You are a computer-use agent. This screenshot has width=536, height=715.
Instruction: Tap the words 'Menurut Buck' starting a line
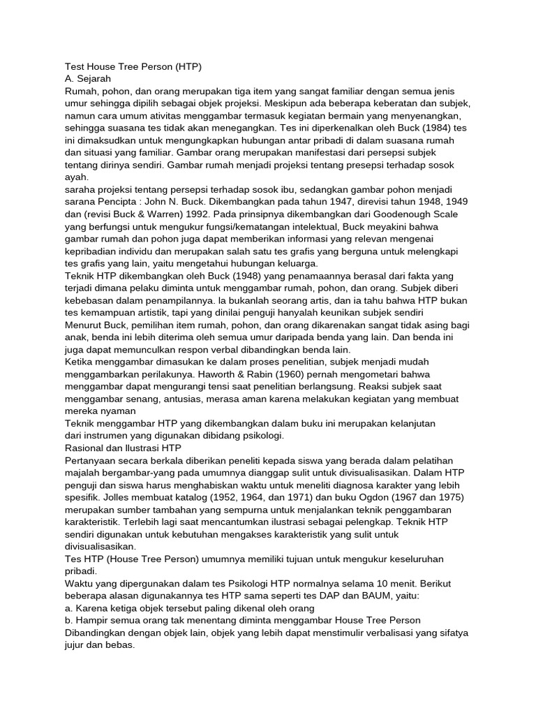(x=97, y=325)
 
